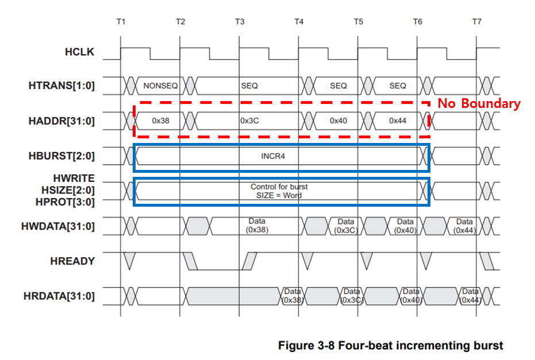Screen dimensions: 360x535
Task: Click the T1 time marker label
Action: click(120, 21)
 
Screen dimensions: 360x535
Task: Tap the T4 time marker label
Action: click(299, 21)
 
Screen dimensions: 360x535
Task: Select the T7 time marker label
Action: click(476, 21)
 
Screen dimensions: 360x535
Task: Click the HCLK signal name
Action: click(79, 53)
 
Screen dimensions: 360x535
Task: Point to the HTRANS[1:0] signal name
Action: click(61, 86)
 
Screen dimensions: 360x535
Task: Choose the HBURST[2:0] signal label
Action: click(61, 156)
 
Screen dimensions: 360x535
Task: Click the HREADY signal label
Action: click(73, 261)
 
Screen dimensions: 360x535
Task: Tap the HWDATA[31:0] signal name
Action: click(59, 226)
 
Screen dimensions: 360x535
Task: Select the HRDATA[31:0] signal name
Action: click(59, 296)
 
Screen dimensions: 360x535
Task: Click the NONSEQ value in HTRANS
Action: click(160, 86)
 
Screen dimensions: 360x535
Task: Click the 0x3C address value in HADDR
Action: click(249, 121)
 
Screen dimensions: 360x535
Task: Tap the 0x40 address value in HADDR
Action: click(338, 121)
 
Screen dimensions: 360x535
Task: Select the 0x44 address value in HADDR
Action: click(398, 121)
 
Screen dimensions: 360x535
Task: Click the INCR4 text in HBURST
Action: click(273, 156)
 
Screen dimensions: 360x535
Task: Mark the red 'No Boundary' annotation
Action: click(479, 104)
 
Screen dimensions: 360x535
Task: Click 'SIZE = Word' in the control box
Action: click(279, 195)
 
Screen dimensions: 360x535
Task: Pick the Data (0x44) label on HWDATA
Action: click(464, 226)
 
